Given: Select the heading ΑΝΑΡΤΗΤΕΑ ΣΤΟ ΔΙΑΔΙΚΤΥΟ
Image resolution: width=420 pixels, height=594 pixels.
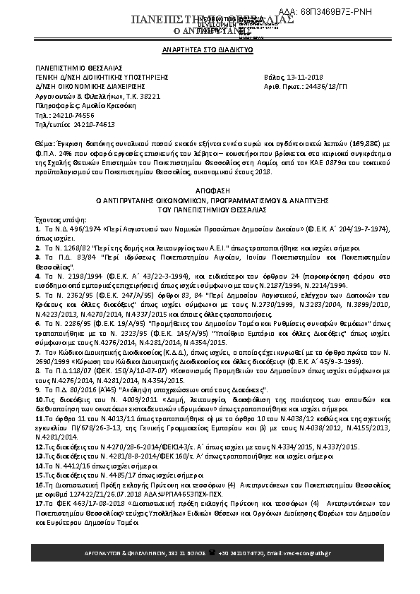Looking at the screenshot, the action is (209, 51).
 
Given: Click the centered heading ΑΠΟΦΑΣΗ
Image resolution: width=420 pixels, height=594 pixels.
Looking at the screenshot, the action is (210, 190).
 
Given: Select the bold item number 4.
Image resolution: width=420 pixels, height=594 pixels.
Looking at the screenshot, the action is (37, 275).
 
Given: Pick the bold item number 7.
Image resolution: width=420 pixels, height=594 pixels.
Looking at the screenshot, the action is (37, 351).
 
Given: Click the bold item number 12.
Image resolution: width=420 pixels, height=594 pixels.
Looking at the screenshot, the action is (40, 447).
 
